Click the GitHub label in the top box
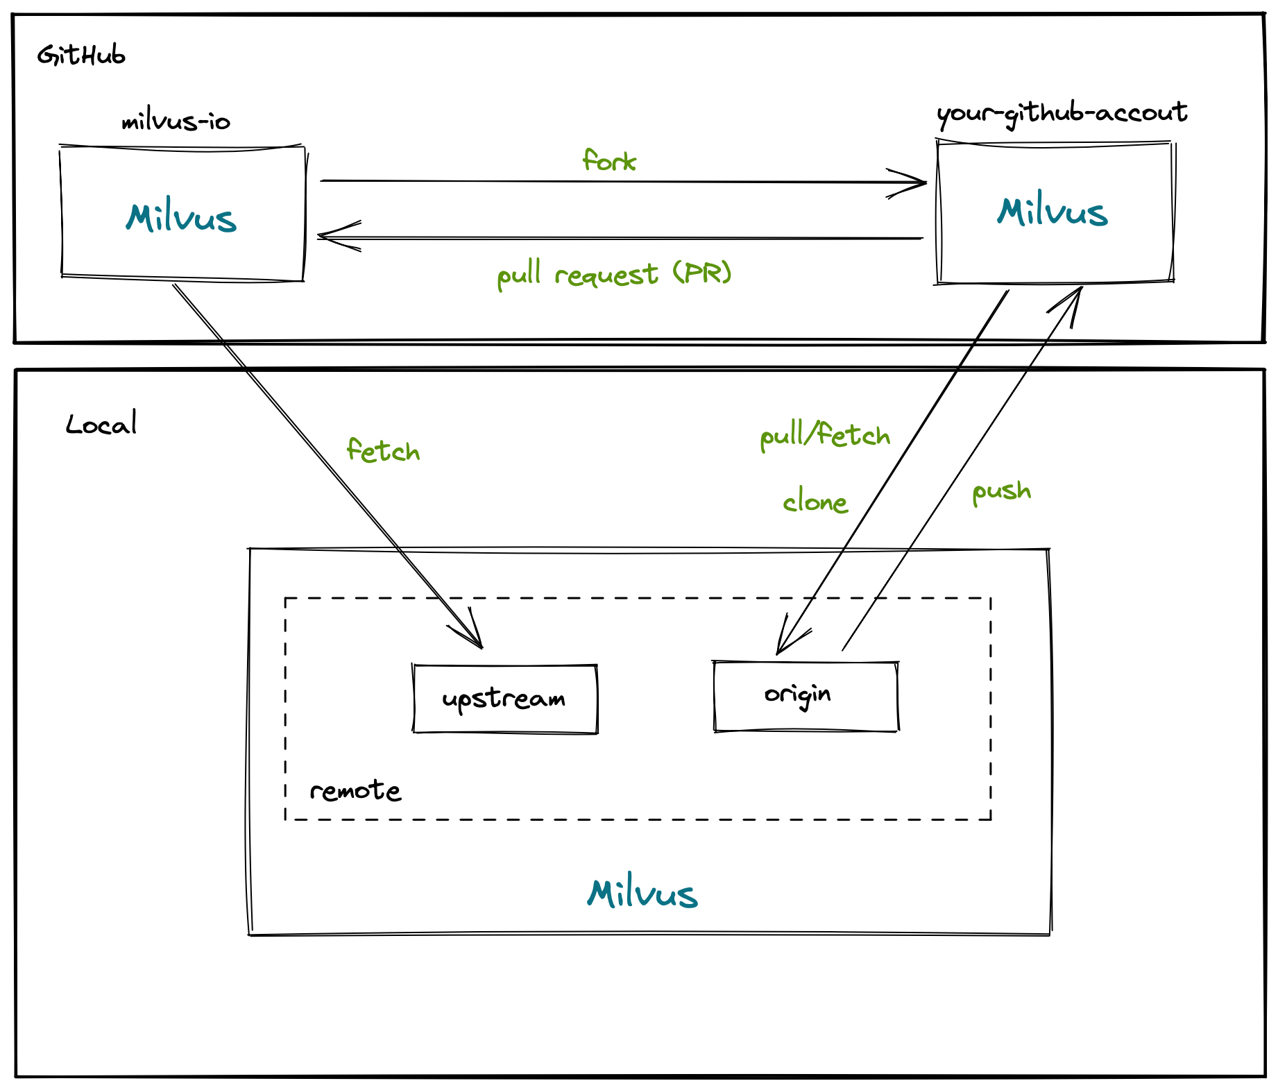pos(81,55)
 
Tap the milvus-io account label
pos(176,122)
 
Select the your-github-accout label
pos(1062,113)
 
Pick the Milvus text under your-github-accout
pos(1053,211)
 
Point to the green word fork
pos(609,161)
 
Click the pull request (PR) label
pos(615,274)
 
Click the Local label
pos(101,424)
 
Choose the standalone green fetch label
pos(383,451)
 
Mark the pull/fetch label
pos(825,436)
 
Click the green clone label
pos(815,502)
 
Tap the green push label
pos(1001,491)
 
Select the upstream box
pos(504,699)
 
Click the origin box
pos(806,696)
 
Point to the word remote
pos(355,790)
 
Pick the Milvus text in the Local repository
pos(642,894)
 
